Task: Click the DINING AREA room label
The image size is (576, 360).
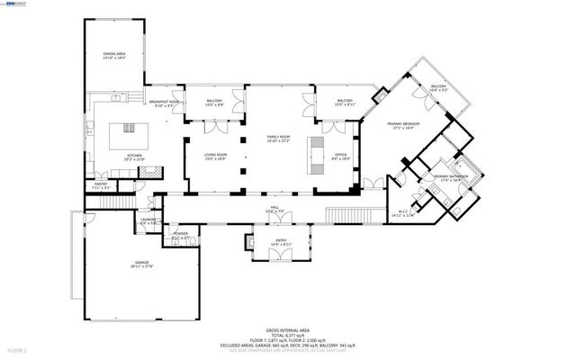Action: [x=114, y=55]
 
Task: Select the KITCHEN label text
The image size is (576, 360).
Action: [x=135, y=156]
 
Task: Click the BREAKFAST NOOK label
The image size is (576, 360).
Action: [x=166, y=104]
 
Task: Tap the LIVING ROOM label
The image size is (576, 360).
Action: [x=216, y=155]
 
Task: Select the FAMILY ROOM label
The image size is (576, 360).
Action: [x=278, y=139]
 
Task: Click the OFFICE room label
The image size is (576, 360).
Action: [x=341, y=155]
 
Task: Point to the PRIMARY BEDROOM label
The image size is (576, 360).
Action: [x=406, y=124]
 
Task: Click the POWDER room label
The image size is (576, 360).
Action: [x=180, y=237]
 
